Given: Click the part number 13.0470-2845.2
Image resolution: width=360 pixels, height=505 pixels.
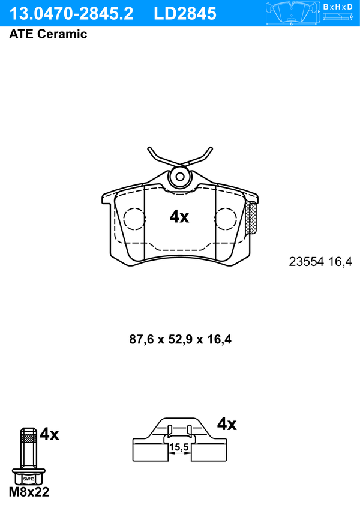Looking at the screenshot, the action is [71, 13].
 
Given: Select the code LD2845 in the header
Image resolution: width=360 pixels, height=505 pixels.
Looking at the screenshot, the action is [185, 13].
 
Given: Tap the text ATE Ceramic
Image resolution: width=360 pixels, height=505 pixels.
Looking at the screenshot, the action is [48, 34].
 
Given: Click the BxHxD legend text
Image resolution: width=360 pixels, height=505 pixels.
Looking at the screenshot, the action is [337, 7].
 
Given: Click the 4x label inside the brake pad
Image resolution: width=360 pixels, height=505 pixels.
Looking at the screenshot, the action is [179, 217].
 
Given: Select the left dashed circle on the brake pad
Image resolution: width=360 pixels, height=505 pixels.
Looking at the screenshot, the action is [134, 219].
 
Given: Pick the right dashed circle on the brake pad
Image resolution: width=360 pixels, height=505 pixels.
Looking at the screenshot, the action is [226, 219].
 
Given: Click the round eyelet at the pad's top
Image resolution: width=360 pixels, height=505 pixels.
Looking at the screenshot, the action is [180, 177].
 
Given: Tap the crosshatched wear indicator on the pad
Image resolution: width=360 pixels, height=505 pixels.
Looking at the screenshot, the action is [251, 218].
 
